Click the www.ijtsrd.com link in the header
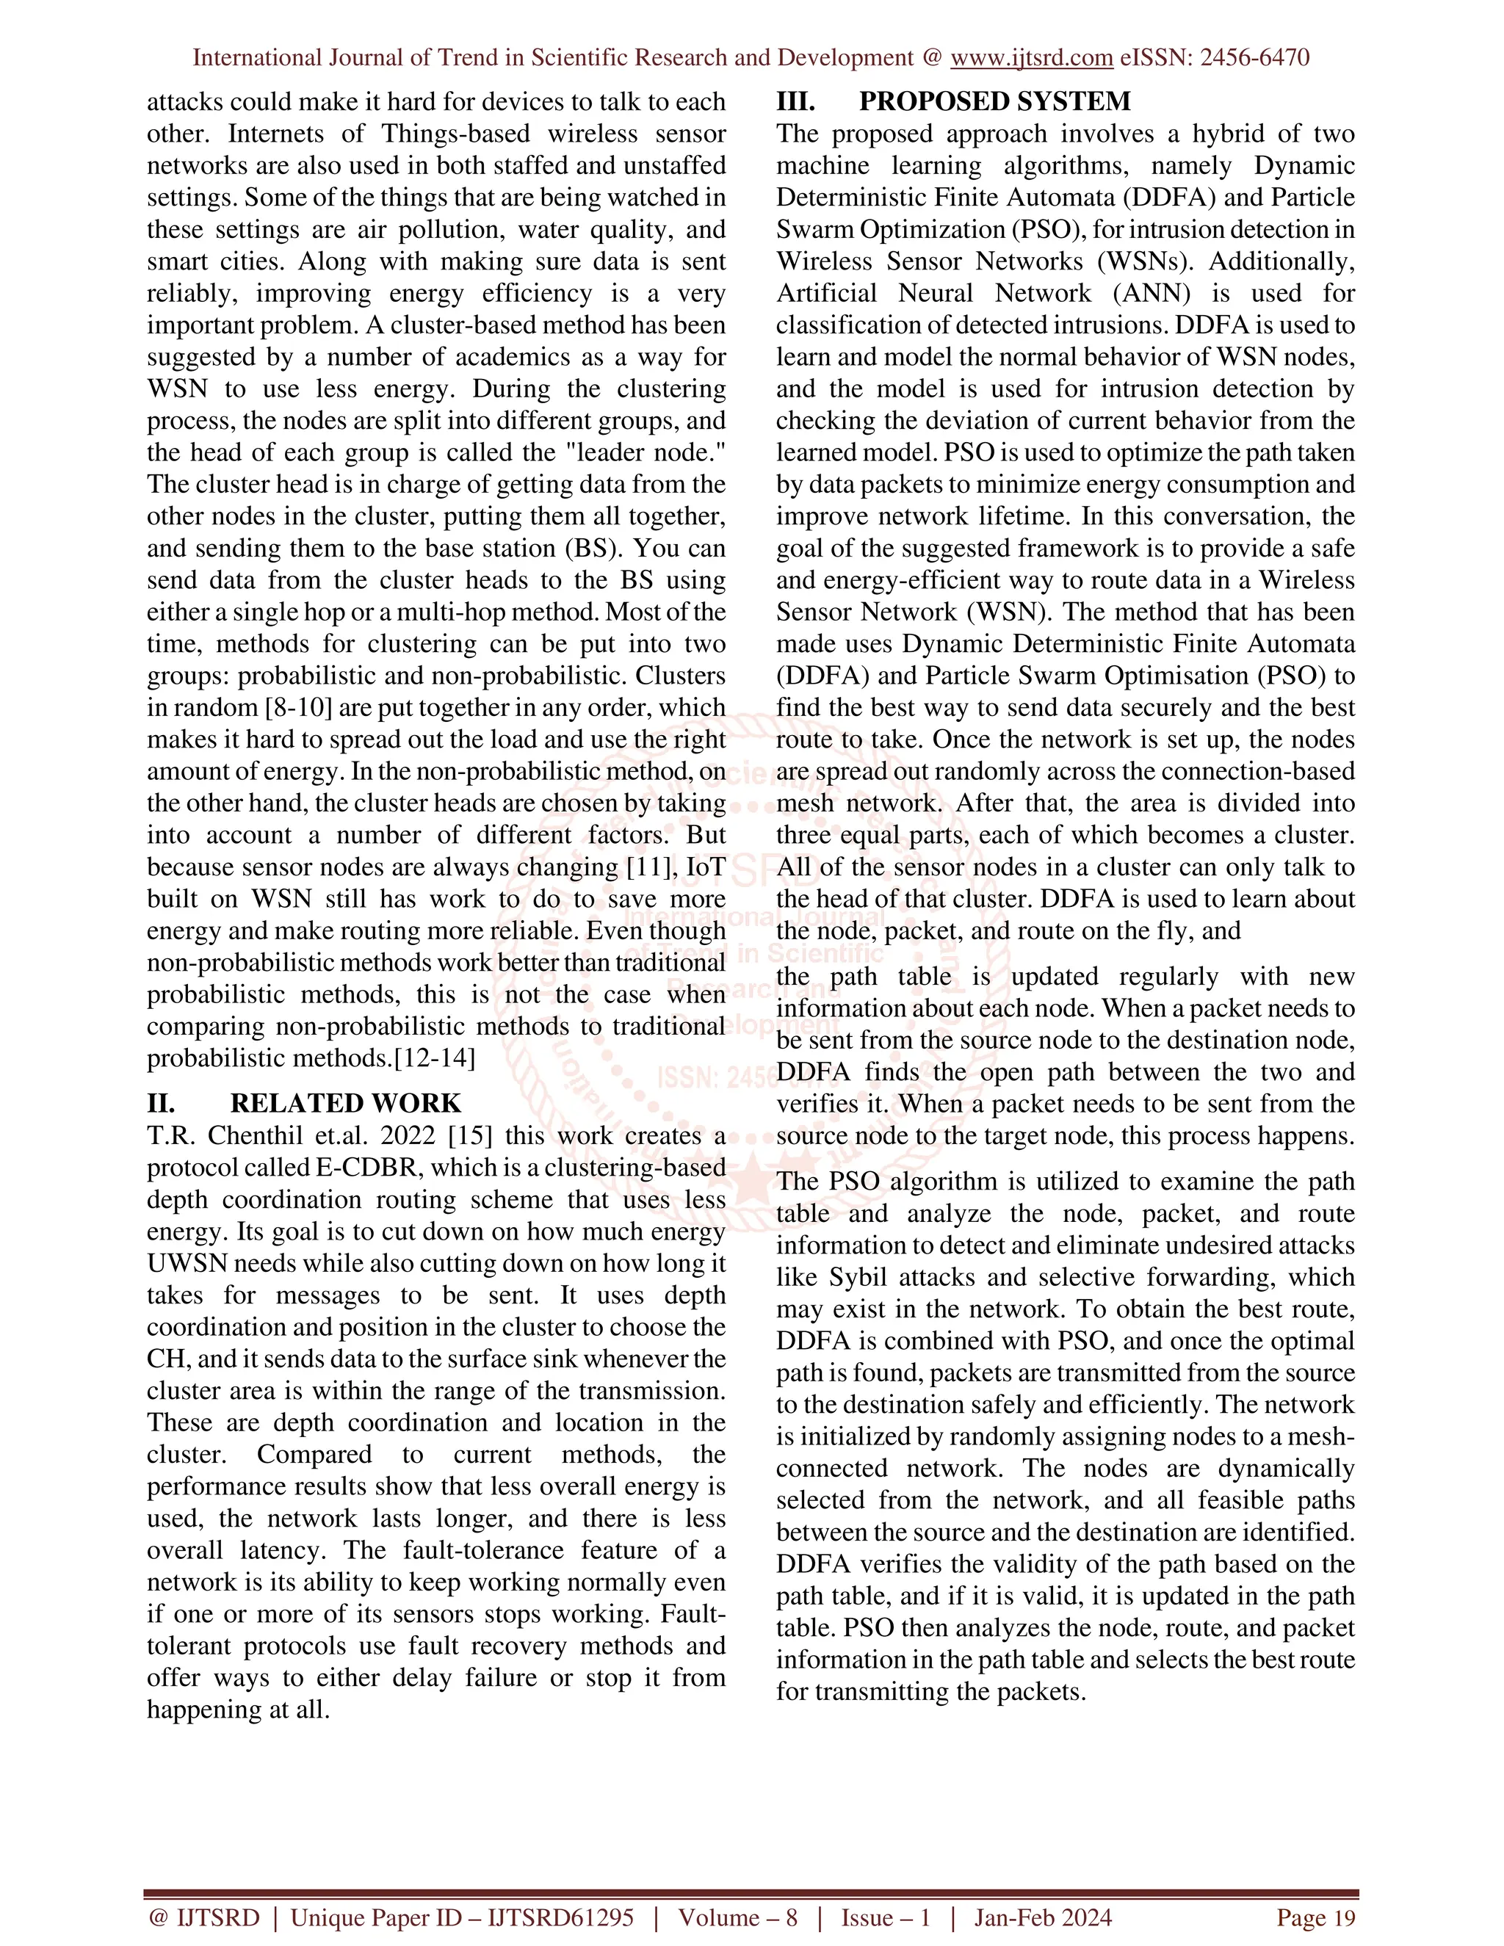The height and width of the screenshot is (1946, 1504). [x=1031, y=58]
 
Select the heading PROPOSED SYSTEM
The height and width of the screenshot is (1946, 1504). [x=994, y=101]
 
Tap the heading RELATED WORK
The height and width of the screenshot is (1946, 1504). [x=345, y=1103]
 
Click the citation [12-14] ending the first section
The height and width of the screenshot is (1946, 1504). [x=435, y=1058]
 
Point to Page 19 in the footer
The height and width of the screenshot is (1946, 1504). [x=1315, y=1917]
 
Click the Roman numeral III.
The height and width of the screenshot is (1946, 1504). [x=795, y=101]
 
